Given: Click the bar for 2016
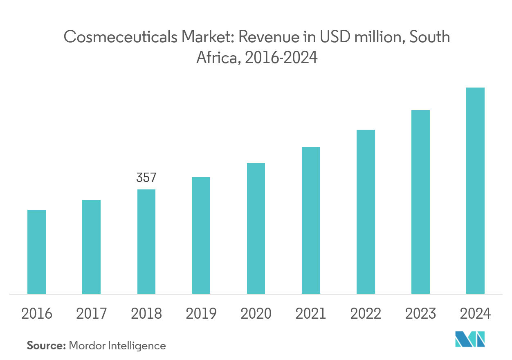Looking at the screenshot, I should click(x=36, y=252).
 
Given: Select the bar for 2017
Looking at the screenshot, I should click(x=91, y=247).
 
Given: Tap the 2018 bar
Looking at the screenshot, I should click(x=146, y=241).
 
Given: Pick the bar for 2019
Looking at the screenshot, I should click(x=201, y=235).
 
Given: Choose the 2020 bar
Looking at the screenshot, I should click(x=256, y=228).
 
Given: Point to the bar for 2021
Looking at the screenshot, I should click(x=311, y=220).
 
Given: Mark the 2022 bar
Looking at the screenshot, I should click(x=366, y=211).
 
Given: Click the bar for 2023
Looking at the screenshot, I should click(x=420, y=202).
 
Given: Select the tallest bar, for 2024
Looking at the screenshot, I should click(x=475, y=191).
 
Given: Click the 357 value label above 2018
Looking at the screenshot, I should click(x=146, y=178).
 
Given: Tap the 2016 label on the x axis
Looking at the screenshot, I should click(x=36, y=314).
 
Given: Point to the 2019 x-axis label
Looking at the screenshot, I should click(x=201, y=314).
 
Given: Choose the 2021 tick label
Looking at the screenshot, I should click(x=311, y=314).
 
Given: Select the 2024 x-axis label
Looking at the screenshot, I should click(x=475, y=314).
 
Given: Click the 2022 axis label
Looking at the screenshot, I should click(x=366, y=314).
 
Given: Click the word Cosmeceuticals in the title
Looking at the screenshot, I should click(x=120, y=38).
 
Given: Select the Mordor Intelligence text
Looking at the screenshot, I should click(x=117, y=346).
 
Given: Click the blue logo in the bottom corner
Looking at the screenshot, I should click(x=470, y=340).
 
